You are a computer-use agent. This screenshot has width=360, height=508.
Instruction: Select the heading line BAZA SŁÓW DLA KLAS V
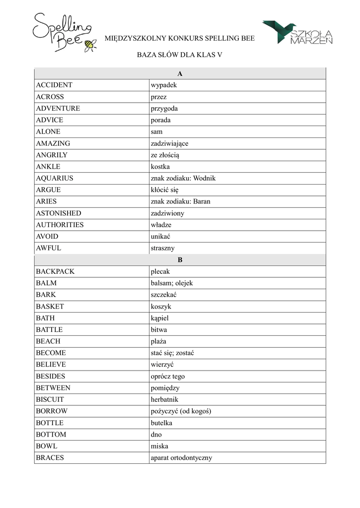coord(179,55)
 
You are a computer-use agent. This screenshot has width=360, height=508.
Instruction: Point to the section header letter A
coord(180,73)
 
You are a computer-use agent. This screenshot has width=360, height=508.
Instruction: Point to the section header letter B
coord(180,260)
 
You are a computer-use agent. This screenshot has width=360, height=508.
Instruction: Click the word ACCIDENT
coord(54,85)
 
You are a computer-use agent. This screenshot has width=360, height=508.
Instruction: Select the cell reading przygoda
coord(164,109)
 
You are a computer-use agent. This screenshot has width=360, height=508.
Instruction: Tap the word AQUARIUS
coord(55,178)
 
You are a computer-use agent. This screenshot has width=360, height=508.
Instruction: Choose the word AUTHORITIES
coord(60,225)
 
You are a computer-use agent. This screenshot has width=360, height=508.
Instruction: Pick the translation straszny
coord(163,248)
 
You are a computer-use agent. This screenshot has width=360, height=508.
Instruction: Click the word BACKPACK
coord(55,272)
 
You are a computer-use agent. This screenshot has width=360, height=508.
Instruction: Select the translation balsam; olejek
coord(172,283)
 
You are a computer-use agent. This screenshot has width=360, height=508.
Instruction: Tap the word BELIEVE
coord(51,365)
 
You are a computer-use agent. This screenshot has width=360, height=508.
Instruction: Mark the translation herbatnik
coord(164,399)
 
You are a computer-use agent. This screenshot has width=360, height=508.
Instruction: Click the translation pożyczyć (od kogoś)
coord(181,411)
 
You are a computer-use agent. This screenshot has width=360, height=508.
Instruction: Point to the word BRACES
coord(50,458)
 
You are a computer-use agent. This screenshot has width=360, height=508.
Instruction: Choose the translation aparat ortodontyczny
coord(181,458)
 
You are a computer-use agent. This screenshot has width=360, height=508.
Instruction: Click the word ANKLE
coord(48,167)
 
